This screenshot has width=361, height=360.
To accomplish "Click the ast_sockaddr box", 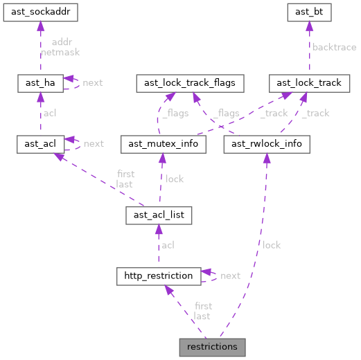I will tap(40, 12).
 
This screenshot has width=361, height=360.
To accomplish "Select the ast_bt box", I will tap(309, 12).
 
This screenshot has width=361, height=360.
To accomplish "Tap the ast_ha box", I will tap(40, 82).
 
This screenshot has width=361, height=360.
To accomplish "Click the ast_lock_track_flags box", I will tap(190, 82).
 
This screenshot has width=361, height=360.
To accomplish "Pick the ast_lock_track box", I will tap(309, 82).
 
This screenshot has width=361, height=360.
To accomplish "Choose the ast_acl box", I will tap(40, 143).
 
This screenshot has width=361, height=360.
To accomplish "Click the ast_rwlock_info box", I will tap(267, 143).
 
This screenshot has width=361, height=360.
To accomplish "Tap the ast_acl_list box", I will tap(158, 215).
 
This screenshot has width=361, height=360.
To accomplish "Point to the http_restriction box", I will tap(158, 276).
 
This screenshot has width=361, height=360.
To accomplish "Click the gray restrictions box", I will tap(212, 346).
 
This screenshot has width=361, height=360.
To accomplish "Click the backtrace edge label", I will tap(334, 47).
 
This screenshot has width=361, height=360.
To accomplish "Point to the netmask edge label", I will tap(60, 52).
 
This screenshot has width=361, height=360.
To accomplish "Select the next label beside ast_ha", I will tap(93, 82).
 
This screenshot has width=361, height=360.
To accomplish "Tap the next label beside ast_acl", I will tap(94, 143).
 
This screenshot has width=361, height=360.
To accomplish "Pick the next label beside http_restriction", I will tap(230, 276).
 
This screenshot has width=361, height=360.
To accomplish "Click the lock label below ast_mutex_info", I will tap(175, 179).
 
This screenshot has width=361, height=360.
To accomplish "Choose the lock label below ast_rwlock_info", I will tap(272, 244).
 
